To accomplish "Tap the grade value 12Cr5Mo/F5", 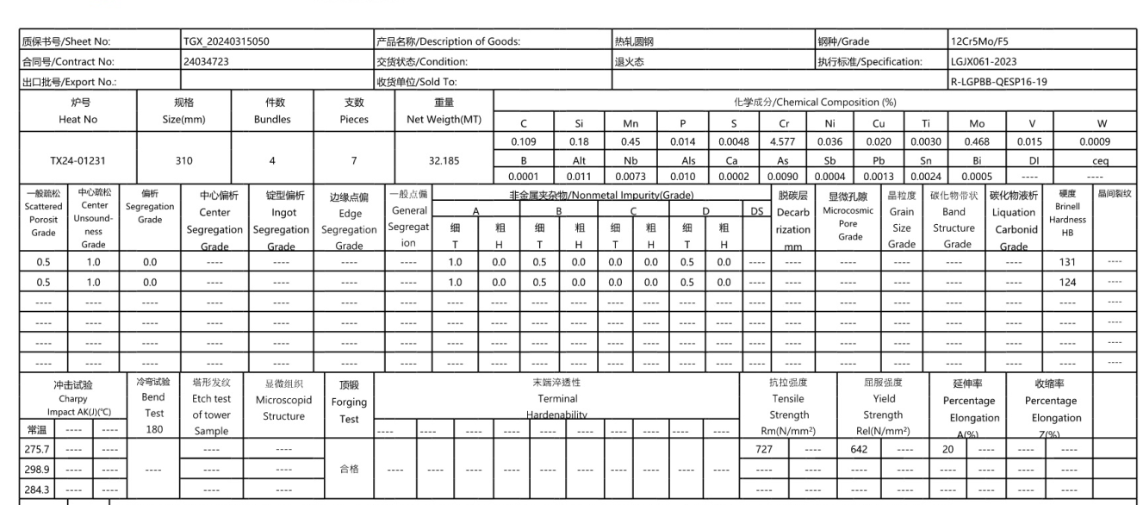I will (979, 41).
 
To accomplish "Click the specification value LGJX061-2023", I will (982, 61).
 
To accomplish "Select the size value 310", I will (183, 160).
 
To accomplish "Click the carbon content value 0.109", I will (524, 141).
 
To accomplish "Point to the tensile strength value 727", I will (762, 449).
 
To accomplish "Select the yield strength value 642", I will (857, 449).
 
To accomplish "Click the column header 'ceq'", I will (1100, 159).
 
